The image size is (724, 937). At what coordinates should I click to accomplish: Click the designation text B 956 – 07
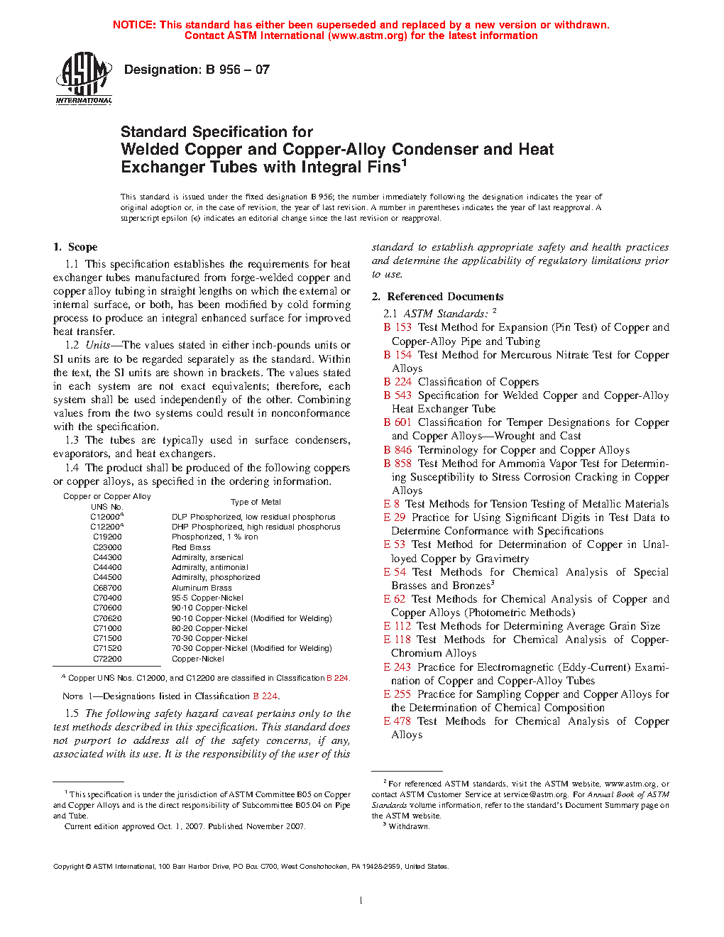pos(197,70)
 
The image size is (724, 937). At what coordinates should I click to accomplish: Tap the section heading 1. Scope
pos(75,247)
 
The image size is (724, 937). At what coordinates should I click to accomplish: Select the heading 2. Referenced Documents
pos(438,297)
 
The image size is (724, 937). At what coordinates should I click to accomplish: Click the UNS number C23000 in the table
pos(107,547)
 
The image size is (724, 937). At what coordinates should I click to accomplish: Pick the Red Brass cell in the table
pos(191,547)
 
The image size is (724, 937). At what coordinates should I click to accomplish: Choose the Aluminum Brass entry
pos(202,588)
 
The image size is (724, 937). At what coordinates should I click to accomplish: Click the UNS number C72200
pos(107,659)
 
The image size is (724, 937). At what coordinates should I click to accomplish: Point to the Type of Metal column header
pos(256,502)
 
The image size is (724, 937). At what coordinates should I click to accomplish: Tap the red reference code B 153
pos(397,327)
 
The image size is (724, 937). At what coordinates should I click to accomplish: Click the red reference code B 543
pos(397,395)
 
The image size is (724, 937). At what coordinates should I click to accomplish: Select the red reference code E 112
pos(397,626)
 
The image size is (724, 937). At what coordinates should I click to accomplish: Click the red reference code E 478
pos(397,721)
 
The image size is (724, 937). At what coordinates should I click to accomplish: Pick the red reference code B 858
pos(397,464)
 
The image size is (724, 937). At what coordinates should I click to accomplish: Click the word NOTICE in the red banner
pos(134,25)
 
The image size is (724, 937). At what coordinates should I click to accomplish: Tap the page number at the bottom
pos(361,901)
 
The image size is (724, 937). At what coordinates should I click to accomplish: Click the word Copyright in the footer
pos(69,867)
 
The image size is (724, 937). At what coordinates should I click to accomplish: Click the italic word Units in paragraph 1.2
pos(98,345)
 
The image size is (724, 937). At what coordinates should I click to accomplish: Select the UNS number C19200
pos(107,537)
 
